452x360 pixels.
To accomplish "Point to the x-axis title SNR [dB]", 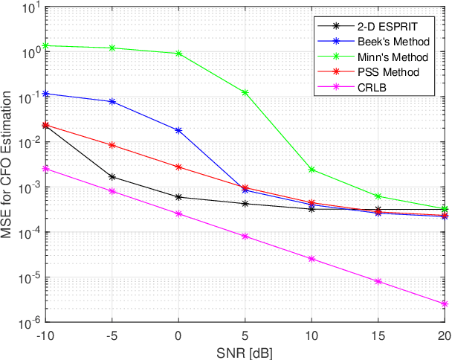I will pyautogui.click(x=245, y=350).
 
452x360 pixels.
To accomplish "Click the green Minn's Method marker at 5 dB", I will pyautogui.click(x=245, y=93).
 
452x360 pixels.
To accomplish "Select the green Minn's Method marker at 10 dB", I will pyautogui.click(x=311, y=170).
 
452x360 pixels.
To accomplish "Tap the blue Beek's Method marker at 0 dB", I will pyautogui.click(x=178, y=130).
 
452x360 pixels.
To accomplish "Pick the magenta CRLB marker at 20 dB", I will pyautogui.click(x=445, y=304).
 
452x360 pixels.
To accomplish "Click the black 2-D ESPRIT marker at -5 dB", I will pyautogui.click(x=112, y=177).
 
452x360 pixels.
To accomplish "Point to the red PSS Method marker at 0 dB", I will pyautogui.click(x=178, y=167).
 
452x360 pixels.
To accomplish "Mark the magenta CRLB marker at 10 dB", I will pyautogui.click(x=311, y=259).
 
